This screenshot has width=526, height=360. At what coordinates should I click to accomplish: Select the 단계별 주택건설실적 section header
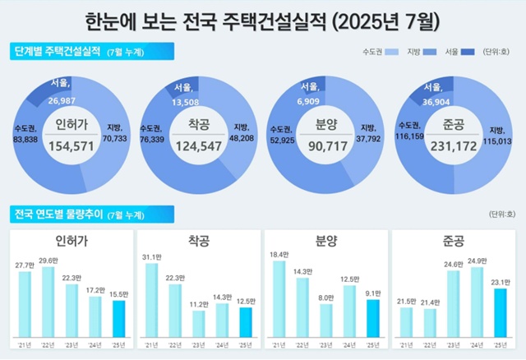point(58,52)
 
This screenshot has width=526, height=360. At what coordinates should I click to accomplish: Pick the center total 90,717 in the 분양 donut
point(321,145)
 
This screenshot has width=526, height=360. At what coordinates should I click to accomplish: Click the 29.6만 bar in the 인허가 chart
point(48,303)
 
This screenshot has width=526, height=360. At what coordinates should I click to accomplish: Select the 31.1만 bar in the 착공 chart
point(150,301)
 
